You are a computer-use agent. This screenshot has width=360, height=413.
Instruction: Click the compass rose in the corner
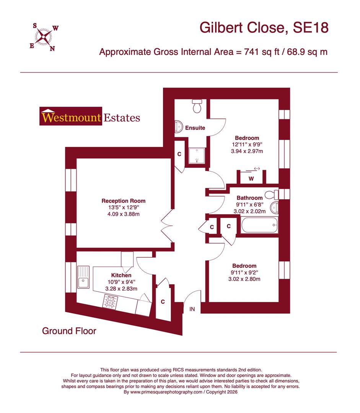tap(44, 37)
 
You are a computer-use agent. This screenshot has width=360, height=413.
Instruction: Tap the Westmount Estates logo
tap(90, 117)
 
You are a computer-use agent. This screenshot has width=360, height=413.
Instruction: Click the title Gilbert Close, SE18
tap(264, 28)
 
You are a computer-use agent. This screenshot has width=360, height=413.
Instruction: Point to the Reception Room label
tap(123, 201)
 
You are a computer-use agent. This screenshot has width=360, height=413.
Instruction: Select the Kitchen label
tap(121, 275)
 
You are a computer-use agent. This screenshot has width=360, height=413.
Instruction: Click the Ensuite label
tap(195, 128)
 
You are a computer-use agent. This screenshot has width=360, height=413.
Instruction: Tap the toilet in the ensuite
tap(197, 106)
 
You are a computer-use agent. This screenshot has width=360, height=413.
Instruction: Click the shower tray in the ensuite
tap(197, 154)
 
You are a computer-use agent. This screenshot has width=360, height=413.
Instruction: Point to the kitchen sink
tap(83, 278)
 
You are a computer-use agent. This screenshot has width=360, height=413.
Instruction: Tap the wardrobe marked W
tap(251, 178)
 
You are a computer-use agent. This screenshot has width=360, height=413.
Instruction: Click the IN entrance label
tap(192, 309)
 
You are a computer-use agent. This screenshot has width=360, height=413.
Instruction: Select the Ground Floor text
tap(69, 331)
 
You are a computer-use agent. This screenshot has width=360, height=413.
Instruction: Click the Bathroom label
tap(249, 198)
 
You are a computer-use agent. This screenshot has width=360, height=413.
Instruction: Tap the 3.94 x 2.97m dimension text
tap(247, 151)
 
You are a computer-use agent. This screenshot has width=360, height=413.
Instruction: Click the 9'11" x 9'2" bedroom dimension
tap(244, 273)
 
